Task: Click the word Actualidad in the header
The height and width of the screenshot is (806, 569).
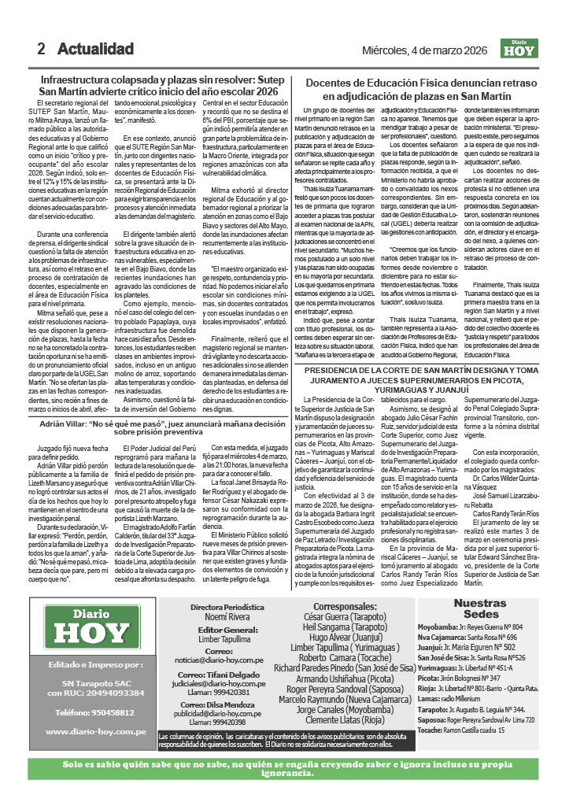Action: [x=95, y=49]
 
